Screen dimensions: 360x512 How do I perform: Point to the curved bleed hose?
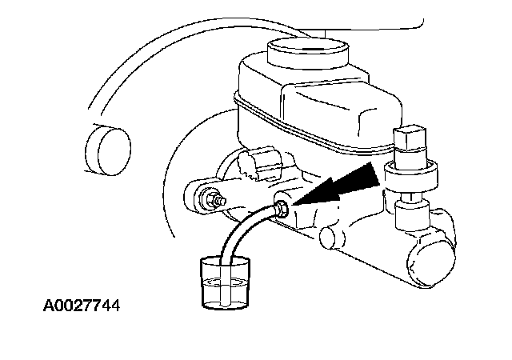tap(244, 232)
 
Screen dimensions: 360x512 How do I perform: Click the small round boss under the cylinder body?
tap(327, 237)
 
